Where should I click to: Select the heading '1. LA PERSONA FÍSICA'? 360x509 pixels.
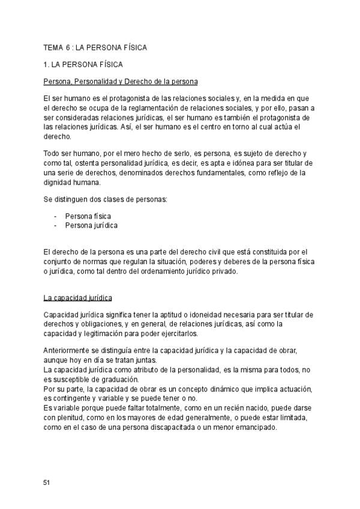[83, 64]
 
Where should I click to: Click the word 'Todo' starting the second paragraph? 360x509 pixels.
[52, 154]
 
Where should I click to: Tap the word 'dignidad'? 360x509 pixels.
[59, 183]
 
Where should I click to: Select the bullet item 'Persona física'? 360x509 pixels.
[88, 216]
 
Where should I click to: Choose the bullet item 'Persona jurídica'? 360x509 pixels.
[91, 226]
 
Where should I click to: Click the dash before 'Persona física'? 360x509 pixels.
[55, 216]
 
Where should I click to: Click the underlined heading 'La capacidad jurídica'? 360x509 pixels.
[78, 298]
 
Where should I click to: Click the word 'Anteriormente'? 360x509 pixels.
[68, 351]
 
